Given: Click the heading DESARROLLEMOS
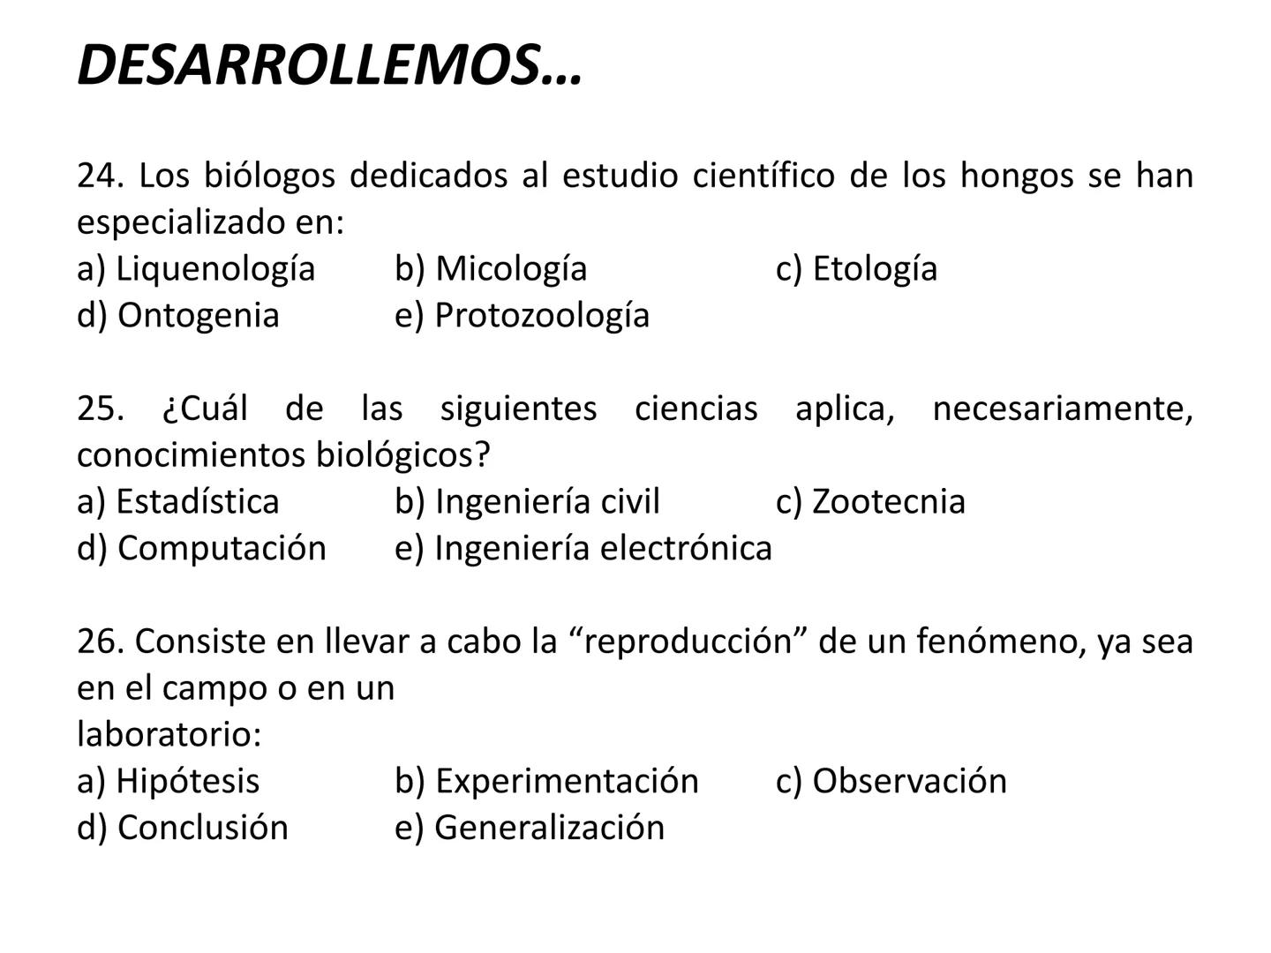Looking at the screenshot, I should tap(329, 65).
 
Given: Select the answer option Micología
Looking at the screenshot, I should tap(511, 268).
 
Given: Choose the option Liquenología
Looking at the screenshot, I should tap(215, 268).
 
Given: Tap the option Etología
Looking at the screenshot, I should tap(874, 268).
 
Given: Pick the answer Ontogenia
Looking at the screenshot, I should tap(198, 315).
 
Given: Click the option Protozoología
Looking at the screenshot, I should tap(542, 315).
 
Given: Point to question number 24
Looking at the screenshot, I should tap(98, 176).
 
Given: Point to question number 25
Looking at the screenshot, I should tap(98, 409).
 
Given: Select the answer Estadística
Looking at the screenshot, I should tap(197, 501).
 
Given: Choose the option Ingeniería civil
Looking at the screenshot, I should tap(547, 501).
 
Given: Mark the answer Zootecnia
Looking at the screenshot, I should tap(888, 501).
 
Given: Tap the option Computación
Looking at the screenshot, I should tap(222, 548).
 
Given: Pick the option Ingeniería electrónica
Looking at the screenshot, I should tap(603, 548).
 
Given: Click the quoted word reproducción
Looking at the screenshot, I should tap(687, 641).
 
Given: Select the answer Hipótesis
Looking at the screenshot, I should tap(187, 781).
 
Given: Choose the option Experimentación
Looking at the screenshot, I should tap(567, 781).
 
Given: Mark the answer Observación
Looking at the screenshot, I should tap(908, 781).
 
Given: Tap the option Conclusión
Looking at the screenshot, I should tap(202, 828).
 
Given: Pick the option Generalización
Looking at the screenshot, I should tap(549, 828).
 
